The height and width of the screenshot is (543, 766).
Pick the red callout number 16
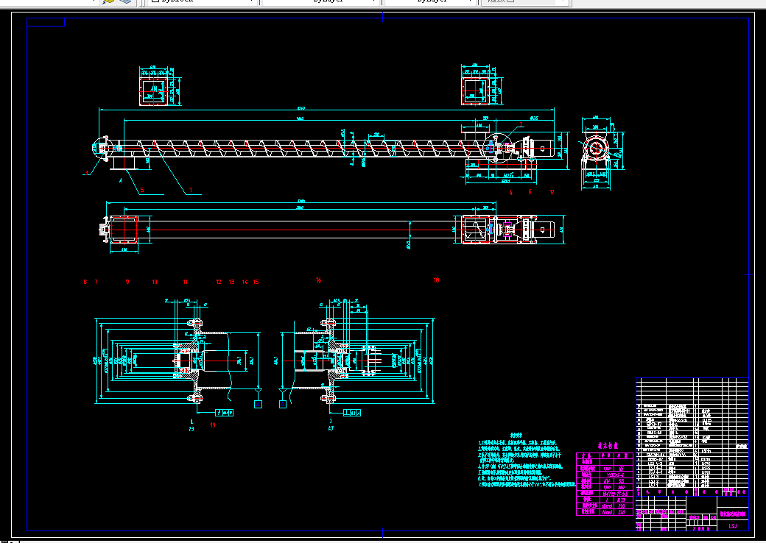tap(319, 280)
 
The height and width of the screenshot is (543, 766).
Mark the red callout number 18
tap(436, 280)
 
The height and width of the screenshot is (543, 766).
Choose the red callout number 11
tap(186, 282)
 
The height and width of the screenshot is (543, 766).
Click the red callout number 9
tap(127, 282)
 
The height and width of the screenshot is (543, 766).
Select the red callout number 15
tap(256, 282)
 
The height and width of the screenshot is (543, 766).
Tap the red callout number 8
tap(85, 282)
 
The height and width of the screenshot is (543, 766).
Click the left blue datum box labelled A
tap(258, 403)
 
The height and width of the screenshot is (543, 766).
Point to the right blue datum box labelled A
tap(283, 403)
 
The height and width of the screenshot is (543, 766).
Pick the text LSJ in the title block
tap(732, 525)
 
